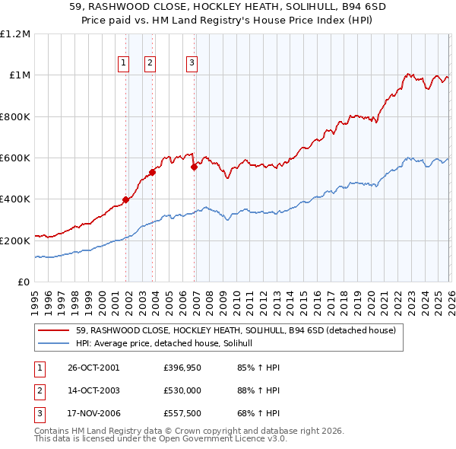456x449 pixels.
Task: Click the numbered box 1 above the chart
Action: pyautogui.click(x=123, y=63)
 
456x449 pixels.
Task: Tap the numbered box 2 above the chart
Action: pyautogui.click(x=150, y=63)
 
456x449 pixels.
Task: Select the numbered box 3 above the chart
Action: pyautogui.click(x=192, y=63)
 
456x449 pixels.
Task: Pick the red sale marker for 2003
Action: pyautogui.click(x=153, y=172)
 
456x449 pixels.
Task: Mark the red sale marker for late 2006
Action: pyautogui.click(x=195, y=167)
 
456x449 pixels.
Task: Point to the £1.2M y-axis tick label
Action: pyautogui.click(x=15, y=34)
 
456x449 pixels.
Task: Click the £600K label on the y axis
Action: pyautogui.click(x=15, y=158)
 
